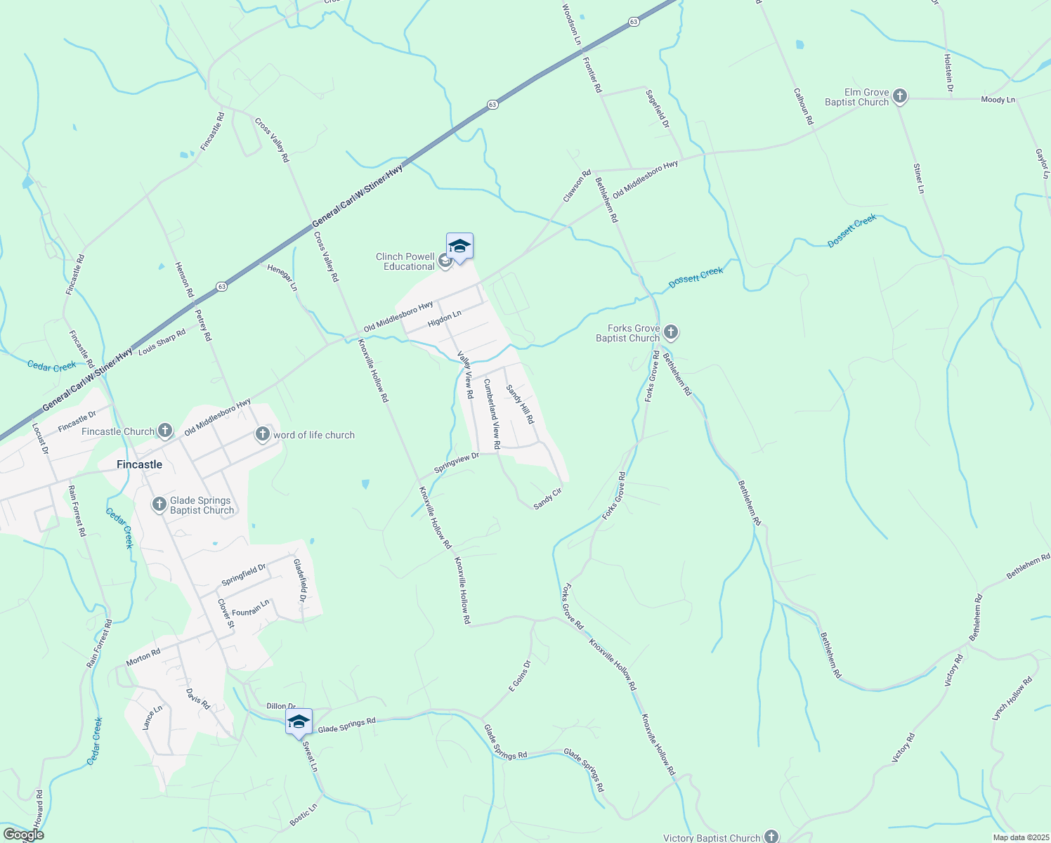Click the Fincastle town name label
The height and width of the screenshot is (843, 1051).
point(139,464)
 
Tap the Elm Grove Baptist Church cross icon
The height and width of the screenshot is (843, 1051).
point(899,97)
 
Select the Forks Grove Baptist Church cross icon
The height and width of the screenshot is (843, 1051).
point(670,332)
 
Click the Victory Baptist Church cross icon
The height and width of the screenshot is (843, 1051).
point(771,836)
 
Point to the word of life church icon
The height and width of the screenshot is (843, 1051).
point(263,435)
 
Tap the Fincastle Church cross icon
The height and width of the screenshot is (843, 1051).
point(164,431)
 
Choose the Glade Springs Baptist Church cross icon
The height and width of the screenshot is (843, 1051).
point(159,504)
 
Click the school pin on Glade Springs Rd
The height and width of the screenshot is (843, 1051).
point(299,722)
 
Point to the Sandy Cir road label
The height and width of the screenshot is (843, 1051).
point(547,498)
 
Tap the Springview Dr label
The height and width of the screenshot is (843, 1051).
point(456,462)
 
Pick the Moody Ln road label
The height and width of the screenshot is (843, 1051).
point(998,100)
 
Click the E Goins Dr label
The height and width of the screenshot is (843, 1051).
point(520,676)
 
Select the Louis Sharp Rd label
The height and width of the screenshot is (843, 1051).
point(162,341)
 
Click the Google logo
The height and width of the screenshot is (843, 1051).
point(23,835)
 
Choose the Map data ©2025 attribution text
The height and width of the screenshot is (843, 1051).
point(1019,837)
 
